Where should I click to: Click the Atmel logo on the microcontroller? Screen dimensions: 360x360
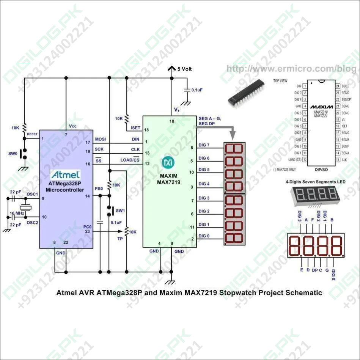pos(65,175)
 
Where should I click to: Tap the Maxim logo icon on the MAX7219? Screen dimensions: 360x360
pos(167,162)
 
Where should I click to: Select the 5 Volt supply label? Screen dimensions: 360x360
pos(184,69)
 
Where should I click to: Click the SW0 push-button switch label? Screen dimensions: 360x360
pos(13,154)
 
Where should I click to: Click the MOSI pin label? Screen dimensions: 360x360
pos(101,139)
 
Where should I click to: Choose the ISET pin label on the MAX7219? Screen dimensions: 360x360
pos(135,128)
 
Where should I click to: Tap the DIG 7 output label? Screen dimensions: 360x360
pos(204,145)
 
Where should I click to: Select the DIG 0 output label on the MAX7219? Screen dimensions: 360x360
pos(204,236)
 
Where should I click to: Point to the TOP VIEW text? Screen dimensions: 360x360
pos(280,81)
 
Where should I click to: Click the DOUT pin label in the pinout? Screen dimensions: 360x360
pos(345,86)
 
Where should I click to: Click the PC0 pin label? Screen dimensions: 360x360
pos(88,226)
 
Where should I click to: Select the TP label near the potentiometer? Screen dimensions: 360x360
pos(120,239)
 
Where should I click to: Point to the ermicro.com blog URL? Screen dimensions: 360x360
pos(291,69)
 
